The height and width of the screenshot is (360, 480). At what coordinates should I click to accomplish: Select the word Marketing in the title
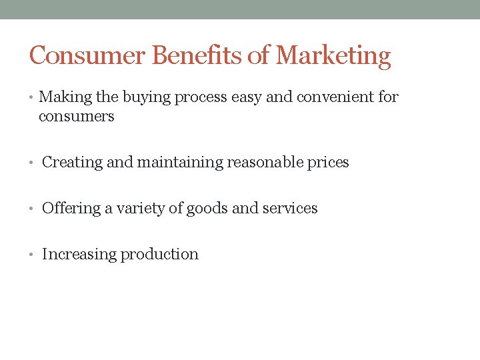333,56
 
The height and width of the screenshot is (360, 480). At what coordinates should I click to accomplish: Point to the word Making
65,97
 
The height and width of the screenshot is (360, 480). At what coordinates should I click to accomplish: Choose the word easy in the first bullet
246,98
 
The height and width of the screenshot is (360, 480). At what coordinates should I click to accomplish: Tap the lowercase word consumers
76,117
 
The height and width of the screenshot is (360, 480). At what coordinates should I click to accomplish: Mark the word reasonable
265,162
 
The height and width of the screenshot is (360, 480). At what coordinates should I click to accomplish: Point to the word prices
328,163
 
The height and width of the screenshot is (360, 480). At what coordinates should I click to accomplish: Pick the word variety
139,209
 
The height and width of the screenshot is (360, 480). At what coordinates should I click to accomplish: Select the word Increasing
77,255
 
